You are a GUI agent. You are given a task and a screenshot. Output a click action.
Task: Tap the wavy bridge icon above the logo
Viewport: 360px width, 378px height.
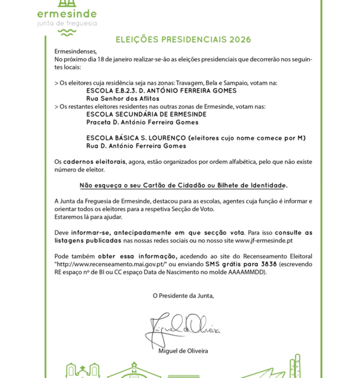(x=66, y=2)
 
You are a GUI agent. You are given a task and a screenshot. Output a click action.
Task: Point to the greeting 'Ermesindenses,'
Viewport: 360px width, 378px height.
(x=75, y=52)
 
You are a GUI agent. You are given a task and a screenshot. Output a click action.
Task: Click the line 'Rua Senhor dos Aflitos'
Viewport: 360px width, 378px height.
(x=123, y=98)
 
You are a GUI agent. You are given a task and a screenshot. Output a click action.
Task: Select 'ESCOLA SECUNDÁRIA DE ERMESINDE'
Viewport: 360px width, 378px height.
(x=146, y=114)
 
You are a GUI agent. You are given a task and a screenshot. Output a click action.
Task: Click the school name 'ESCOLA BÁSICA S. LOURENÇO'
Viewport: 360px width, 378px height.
(x=136, y=138)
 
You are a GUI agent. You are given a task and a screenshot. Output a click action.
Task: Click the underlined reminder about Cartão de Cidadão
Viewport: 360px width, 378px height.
(x=184, y=185)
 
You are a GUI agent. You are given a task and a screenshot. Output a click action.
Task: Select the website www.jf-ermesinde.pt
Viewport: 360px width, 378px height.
(x=264, y=241)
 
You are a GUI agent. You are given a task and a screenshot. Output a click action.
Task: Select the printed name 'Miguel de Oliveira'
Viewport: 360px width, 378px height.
(x=183, y=351)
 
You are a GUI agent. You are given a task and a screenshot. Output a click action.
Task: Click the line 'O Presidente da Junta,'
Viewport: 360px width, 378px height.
(x=183, y=295)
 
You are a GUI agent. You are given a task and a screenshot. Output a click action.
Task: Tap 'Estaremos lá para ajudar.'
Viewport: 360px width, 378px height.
(x=88, y=217)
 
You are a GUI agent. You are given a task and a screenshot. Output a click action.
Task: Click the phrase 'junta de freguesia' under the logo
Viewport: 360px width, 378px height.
(x=67, y=23)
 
